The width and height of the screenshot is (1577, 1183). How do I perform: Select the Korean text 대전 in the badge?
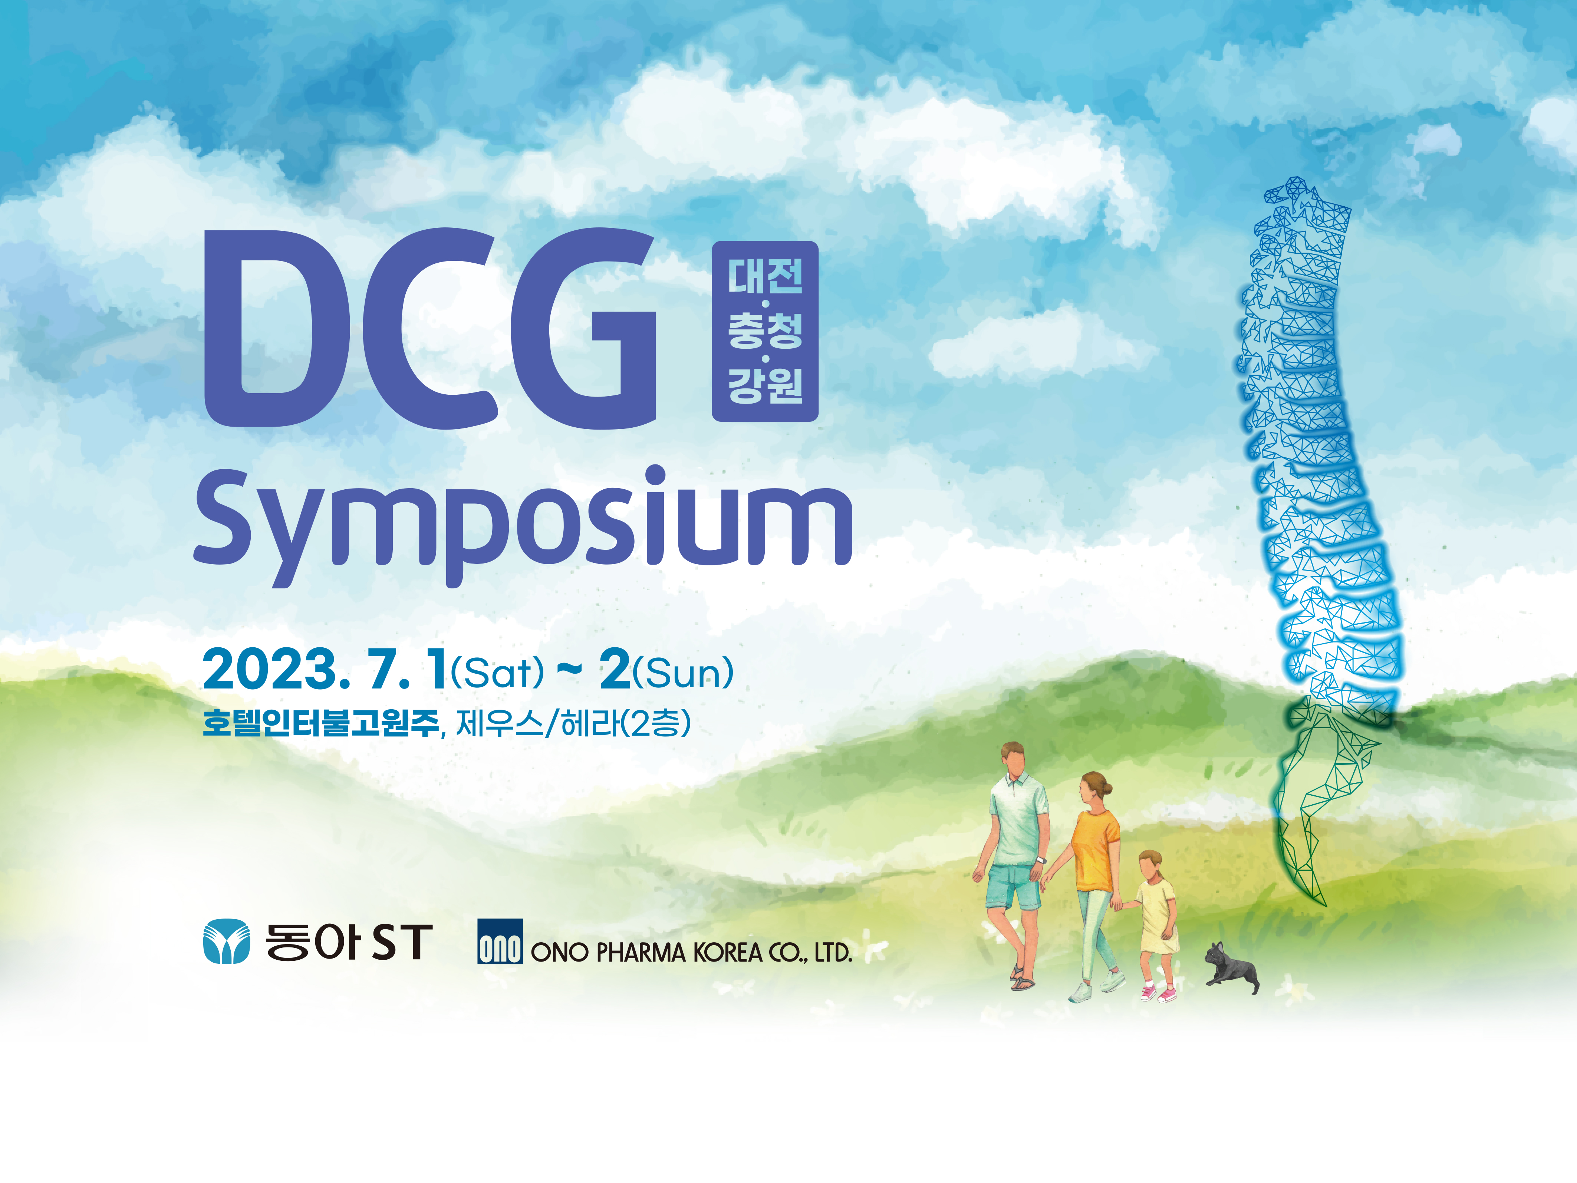tap(765, 276)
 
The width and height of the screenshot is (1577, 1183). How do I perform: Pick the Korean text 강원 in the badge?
tap(765, 385)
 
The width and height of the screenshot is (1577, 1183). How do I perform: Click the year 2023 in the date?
tap(270, 670)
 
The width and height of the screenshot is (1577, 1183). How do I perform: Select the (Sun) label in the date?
tap(683, 673)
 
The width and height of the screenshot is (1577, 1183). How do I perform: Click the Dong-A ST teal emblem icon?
tap(227, 941)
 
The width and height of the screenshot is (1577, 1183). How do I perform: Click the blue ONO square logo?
tap(500, 941)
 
